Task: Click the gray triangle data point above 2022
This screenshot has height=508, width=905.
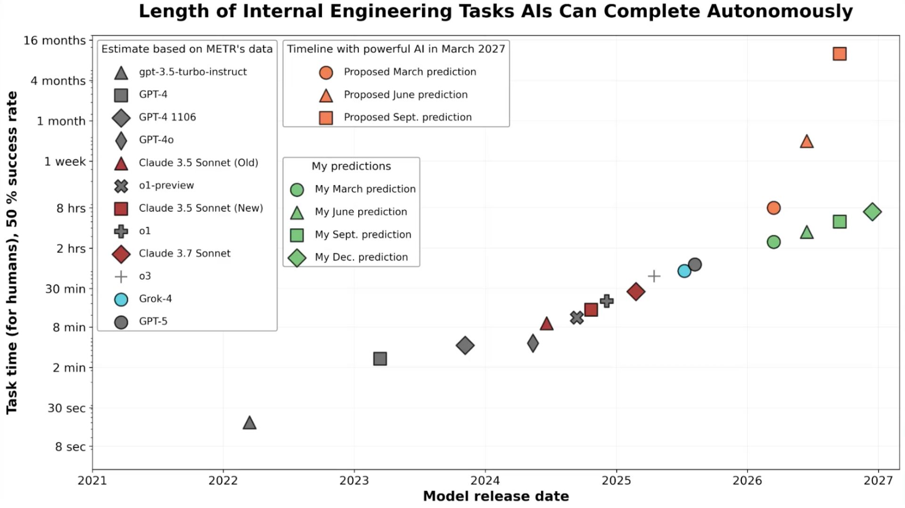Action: (x=249, y=423)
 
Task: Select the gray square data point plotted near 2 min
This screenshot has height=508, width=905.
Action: (x=380, y=359)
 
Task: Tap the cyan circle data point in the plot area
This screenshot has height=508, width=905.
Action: (x=684, y=271)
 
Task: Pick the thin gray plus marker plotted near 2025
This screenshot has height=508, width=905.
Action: (x=654, y=276)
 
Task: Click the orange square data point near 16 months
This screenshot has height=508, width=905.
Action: (x=839, y=54)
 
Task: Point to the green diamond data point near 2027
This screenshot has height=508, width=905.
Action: (x=872, y=212)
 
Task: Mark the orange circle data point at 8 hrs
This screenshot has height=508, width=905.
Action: (x=773, y=208)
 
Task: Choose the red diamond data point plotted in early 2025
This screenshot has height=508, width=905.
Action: (x=636, y=291)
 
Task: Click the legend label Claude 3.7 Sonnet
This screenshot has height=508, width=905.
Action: (x=184, y=253)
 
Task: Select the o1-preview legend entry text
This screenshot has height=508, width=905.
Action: (x=166, y=185)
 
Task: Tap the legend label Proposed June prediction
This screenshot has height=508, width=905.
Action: (x=405, y=95)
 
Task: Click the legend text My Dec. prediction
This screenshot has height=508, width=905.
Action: (x=361, y=257)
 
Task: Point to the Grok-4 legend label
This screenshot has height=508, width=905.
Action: (x=155, y=298)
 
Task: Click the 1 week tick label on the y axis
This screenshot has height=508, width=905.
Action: (x=65, y=161)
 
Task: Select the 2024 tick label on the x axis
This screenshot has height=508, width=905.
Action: (x=485, y=481)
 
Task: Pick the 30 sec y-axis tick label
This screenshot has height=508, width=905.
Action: (x=66, y=408)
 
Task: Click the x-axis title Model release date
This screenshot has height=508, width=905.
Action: (x=496, y=496)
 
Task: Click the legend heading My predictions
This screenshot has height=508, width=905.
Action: (x=351, y=166)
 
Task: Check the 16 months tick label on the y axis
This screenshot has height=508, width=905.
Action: (x=55, y=40)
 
